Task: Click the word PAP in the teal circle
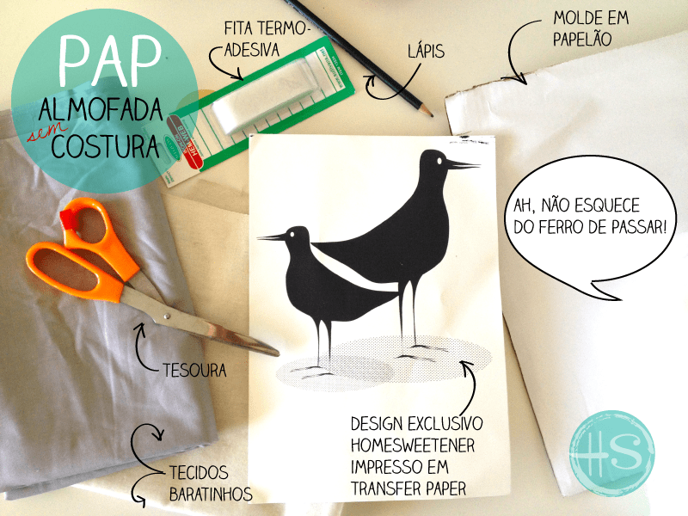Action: click(110, 60)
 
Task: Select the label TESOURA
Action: click(195, 371)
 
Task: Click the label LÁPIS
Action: click(426, 51)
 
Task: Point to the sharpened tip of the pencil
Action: click(432, 115)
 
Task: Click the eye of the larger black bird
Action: click(439, 161)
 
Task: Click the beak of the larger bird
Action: click(463, 165)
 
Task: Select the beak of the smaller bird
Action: click(272, 238)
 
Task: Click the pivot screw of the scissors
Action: click(166, 316)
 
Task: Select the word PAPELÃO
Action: click(582, 39)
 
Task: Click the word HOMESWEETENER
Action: click(413, 445)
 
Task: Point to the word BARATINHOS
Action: click(211, 494)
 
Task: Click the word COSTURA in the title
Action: click(105, 146)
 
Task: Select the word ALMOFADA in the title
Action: click(100, 110)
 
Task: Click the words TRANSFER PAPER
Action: click(408, 488)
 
